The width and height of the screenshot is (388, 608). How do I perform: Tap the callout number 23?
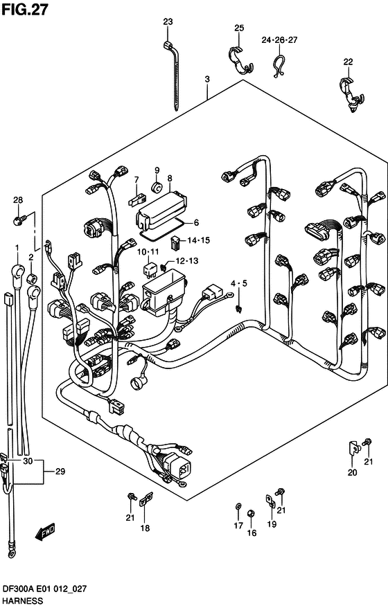[x=168, y=22]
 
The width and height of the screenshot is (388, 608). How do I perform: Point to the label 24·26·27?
[x=279, y=39]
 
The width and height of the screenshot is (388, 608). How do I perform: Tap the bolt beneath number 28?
[x=18, y=220]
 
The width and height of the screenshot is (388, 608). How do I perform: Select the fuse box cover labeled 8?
[x=160, y=206]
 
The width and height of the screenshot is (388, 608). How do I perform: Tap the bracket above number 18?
[x=145, y=499]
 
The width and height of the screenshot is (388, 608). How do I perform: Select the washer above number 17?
[x=238, y=510]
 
